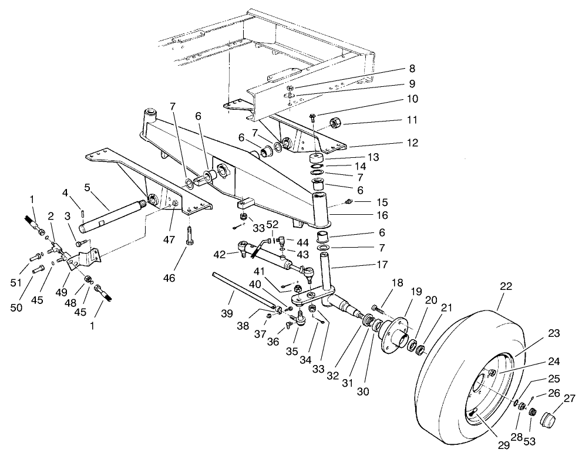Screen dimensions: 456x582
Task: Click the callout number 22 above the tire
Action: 506,287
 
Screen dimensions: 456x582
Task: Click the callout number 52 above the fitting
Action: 272,224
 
